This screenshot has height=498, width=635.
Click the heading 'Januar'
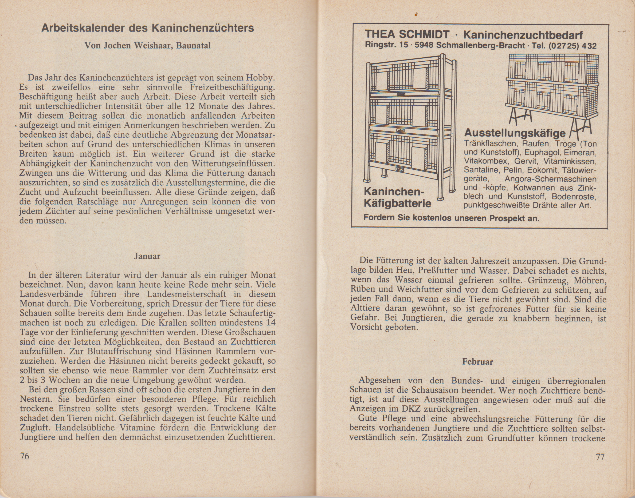point(147,256)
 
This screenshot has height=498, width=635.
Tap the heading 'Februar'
point(477,362)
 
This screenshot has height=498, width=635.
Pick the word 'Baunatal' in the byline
point(194,46)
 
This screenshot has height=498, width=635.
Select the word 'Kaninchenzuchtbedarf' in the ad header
point(523,35)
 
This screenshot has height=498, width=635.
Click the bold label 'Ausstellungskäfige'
point(515,133)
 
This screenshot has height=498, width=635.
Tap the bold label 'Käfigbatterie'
point(397,203)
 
